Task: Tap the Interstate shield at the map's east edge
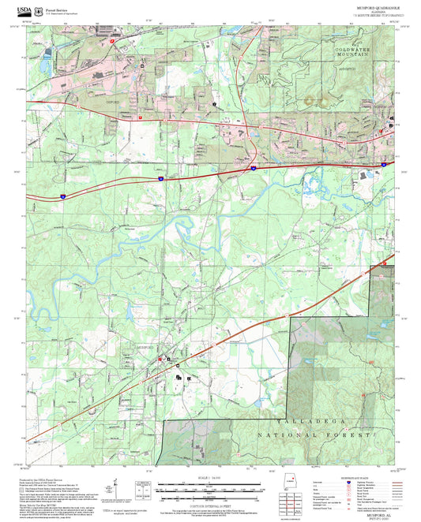(383, 164)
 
